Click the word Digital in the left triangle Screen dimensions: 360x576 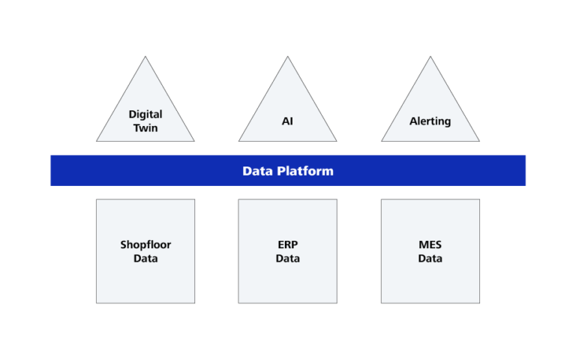click(x=145, y=115)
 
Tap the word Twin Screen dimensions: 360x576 click(x=145, y=127)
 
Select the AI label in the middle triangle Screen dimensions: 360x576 click(x=287, y=121)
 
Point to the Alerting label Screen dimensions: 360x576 click(x=430, y=121)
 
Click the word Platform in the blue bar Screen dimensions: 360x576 click(x=304, y=171)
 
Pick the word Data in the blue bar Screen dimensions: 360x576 click(x=257, y=171)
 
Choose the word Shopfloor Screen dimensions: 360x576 click(x=145, y=244)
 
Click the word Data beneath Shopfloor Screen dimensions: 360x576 click(x=145, y=258)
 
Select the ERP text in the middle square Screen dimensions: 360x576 click(x=287, y=244)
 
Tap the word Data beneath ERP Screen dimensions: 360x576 click(x=287, y=258)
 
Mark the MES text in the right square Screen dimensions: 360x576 click(x=430, y=244)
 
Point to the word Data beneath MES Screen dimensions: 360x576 click(x=430, y=258)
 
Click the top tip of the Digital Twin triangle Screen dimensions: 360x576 click(x=145, y=57)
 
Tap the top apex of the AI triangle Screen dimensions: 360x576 click(x=287, y=57)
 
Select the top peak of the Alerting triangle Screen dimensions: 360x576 click(x=430, y=57)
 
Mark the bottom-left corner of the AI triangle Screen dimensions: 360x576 click(x=239, y=141)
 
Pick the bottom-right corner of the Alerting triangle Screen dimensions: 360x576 click(x=479, y=141)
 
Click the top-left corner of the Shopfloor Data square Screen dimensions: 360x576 click(x=97, y=199)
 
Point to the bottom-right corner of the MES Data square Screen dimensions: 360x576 click(x=479, y=303)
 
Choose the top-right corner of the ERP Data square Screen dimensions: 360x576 click(x=337, y=199)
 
